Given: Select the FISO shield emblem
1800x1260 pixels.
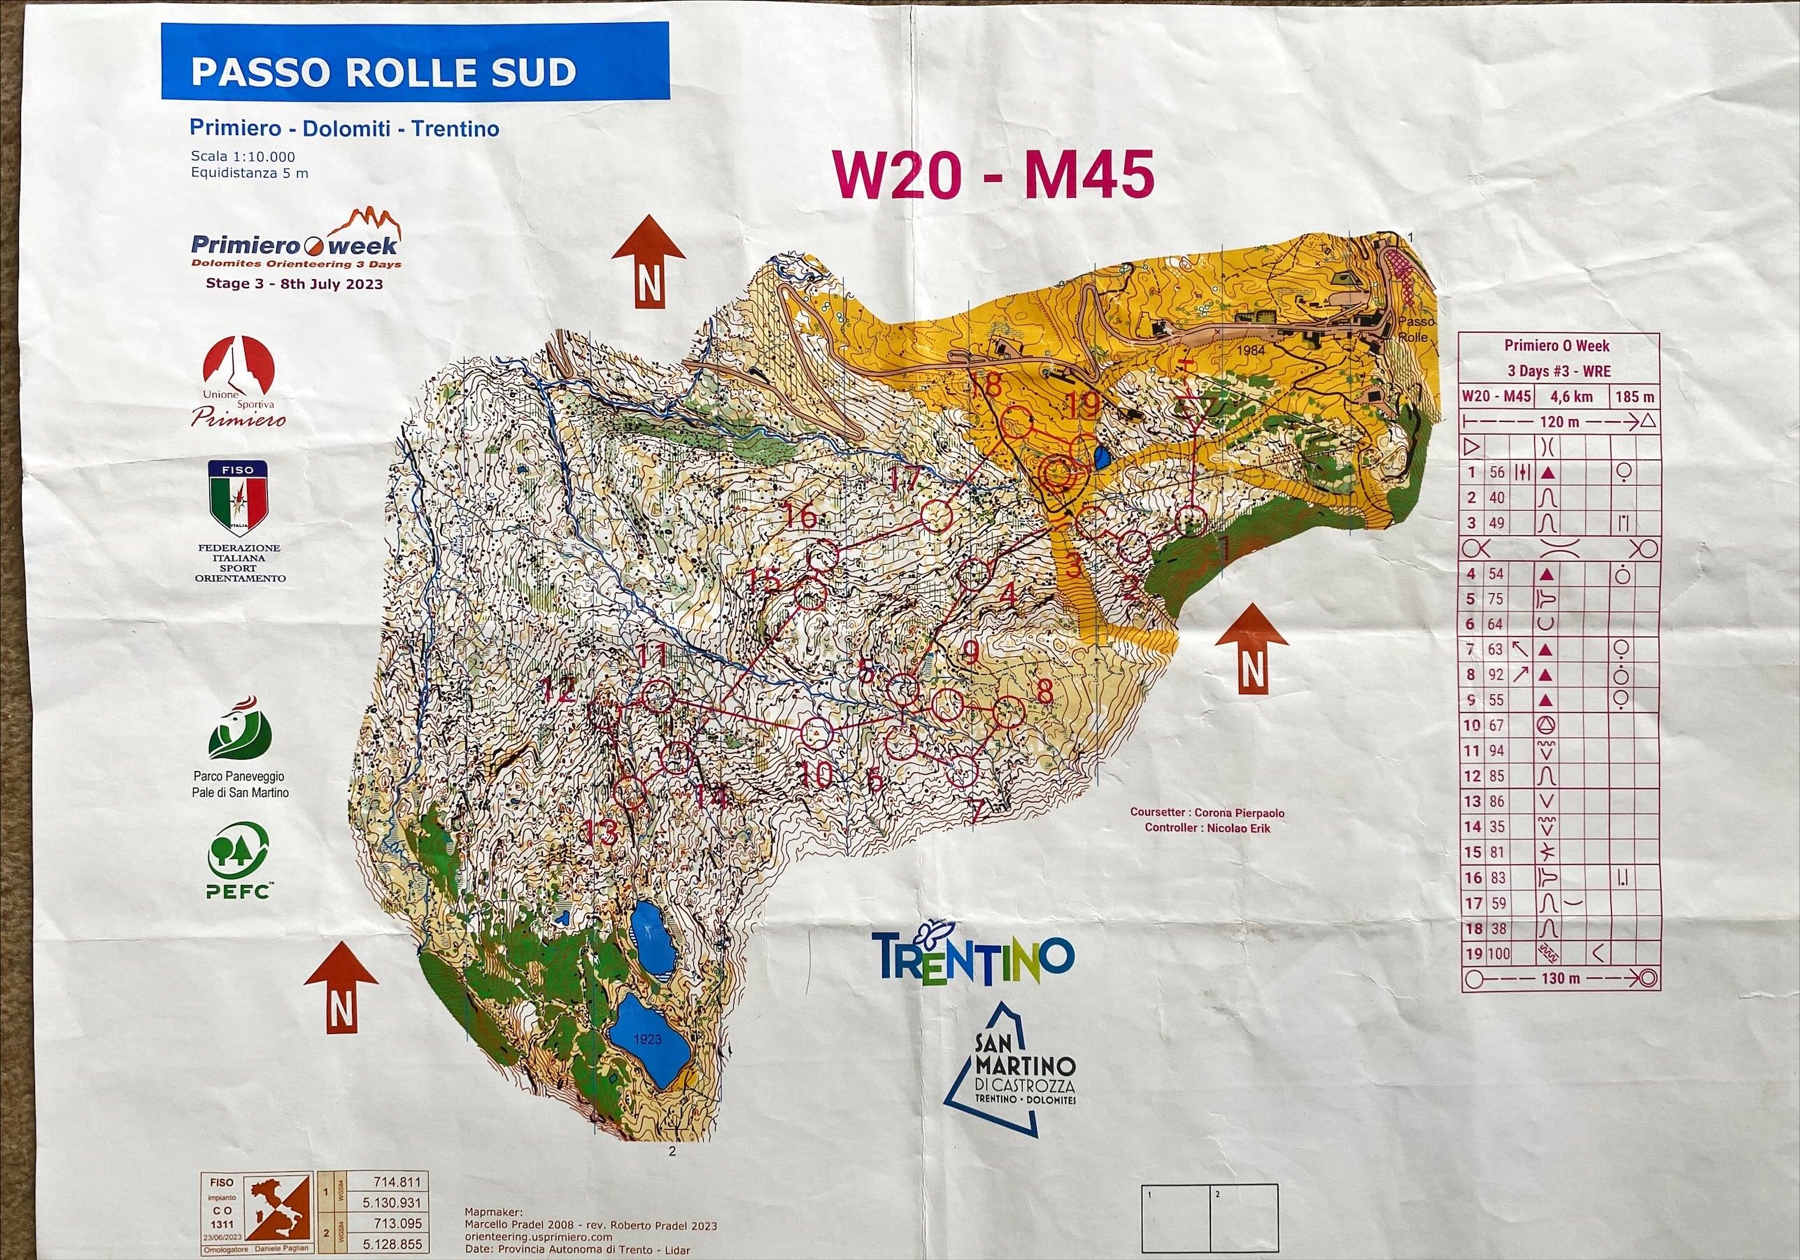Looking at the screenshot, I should coord(236,493).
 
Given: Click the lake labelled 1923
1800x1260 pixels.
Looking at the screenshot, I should coord(650,1040).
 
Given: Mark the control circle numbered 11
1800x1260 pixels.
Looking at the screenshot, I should coord(658,695).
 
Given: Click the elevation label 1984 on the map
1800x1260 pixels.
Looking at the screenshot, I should coord(1252,351).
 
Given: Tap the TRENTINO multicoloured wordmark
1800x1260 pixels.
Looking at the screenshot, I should coord(972,955).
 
